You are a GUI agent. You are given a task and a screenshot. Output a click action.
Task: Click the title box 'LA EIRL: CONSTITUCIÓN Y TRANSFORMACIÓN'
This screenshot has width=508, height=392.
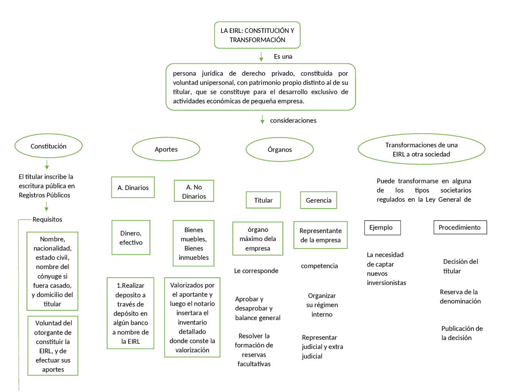[x=257, y=35]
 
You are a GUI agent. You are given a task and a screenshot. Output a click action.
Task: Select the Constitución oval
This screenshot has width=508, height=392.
[x=48, y=146]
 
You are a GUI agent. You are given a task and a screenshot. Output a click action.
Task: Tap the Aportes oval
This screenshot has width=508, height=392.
[x=166, y=149]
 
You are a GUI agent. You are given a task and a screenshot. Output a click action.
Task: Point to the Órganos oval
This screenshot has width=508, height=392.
[x=279, y=149]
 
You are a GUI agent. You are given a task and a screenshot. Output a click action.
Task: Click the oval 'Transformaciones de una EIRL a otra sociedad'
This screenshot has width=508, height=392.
[x=421, y=149]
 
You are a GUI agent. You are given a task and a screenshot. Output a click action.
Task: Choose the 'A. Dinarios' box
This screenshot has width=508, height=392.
[x=133, y=187]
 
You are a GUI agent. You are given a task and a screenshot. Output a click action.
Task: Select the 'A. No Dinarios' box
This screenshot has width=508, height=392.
[x=194, y=191]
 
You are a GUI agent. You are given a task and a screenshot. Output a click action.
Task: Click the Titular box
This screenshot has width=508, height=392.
[x=263, y=200]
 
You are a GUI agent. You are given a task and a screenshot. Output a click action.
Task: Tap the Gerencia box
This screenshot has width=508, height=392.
[x=318, y=200]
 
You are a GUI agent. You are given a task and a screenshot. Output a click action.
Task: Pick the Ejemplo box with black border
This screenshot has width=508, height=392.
[x=382, y=228]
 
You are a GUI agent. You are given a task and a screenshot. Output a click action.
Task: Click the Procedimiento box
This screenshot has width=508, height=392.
[x=460, y=228]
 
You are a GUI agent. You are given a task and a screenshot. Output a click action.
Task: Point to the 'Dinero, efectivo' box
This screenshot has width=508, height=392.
[x=131, y=238]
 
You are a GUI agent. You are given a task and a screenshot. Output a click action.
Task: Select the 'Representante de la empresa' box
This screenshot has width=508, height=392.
[x=320, y=235]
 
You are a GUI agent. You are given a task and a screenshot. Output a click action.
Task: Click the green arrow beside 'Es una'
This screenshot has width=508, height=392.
[x=261, y=57]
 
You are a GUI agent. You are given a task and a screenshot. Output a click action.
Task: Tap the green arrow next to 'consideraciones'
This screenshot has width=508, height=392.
[x=262, y=119]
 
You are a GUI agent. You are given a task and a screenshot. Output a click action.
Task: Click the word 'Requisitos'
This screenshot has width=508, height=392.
[x=47, y=219]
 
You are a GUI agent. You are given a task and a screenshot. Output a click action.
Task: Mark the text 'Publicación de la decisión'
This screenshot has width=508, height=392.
[x=462, y=333]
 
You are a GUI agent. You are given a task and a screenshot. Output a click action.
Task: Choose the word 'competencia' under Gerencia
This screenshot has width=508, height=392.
[x=319, y=266]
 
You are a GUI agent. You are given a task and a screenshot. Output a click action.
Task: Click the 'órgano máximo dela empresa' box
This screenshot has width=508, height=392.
[x=258, y=239]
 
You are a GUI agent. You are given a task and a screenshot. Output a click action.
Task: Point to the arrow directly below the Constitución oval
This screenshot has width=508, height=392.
[x=47, y=164]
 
